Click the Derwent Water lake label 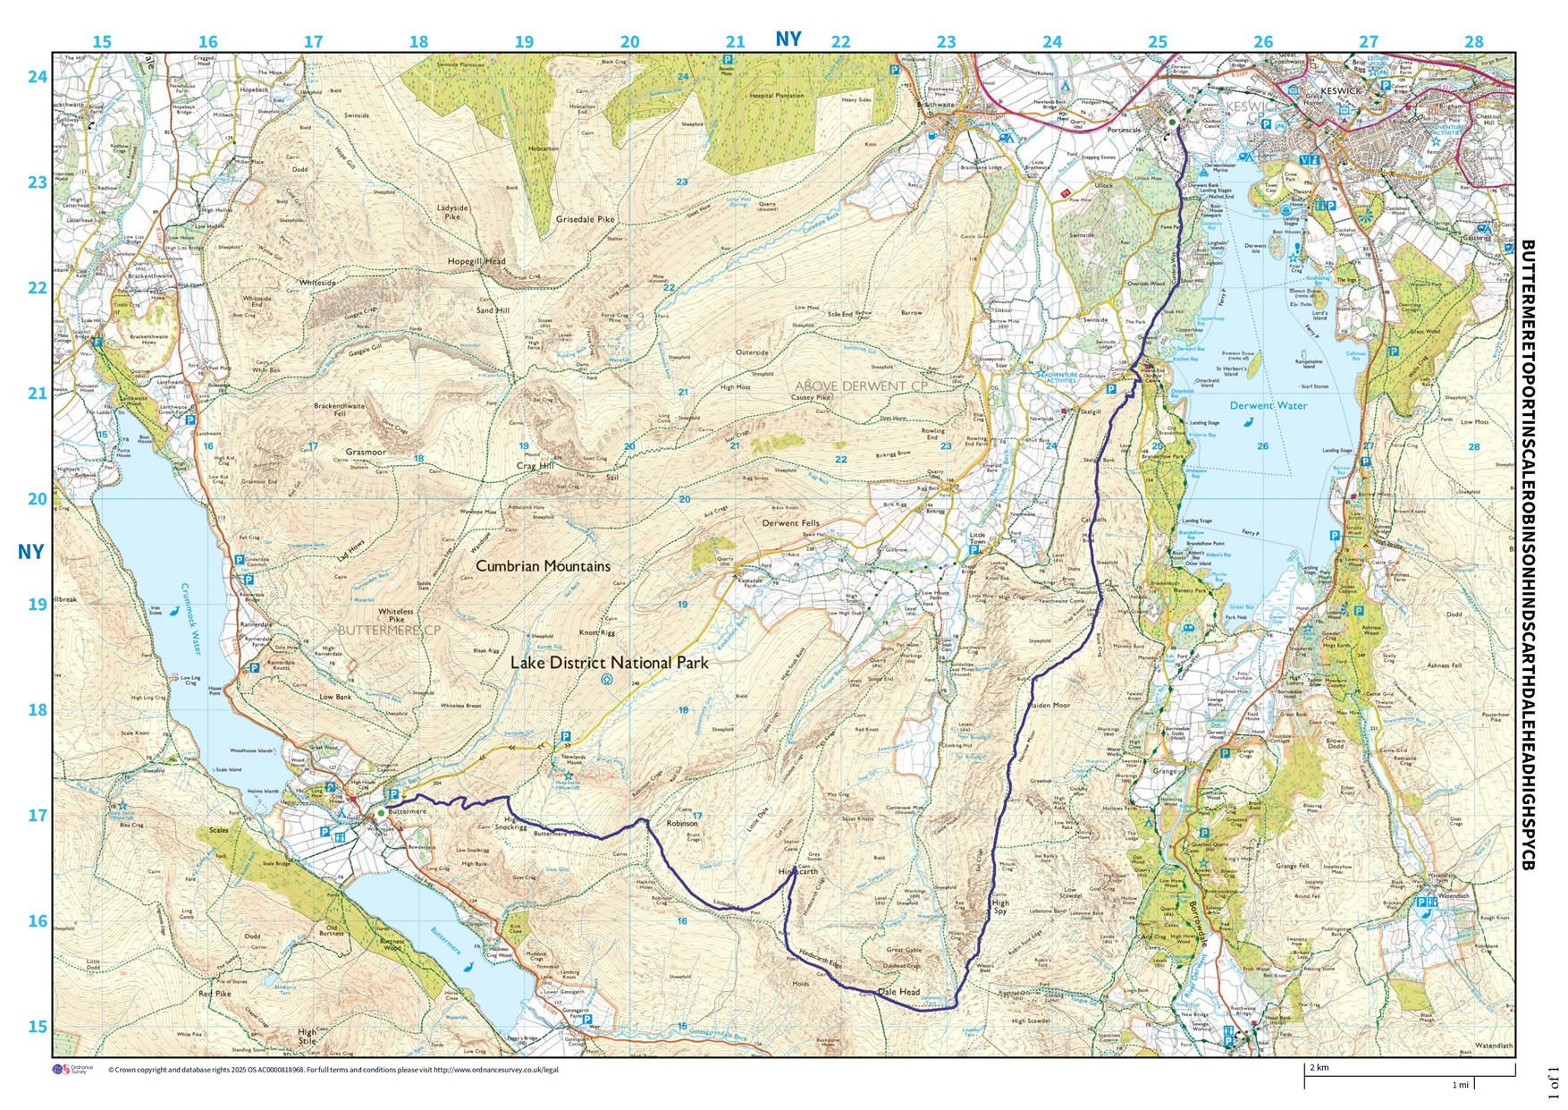point(1268,405)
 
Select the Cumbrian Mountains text point(543,566)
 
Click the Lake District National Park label point(609,663)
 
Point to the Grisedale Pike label point(585,219)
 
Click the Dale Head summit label point(898,992)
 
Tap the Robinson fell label point(681,823)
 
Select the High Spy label point(1000,907)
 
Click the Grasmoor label point(366,452)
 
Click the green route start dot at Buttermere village point(381,812)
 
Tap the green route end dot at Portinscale point(1172,122)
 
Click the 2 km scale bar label point(1319,1067)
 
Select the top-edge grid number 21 point(735,42)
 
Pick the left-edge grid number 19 point(37,605)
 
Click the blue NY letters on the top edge point(788,39)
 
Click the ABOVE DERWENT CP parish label point(861,386)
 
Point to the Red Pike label point(215,994)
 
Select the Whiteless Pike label point(395,615)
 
